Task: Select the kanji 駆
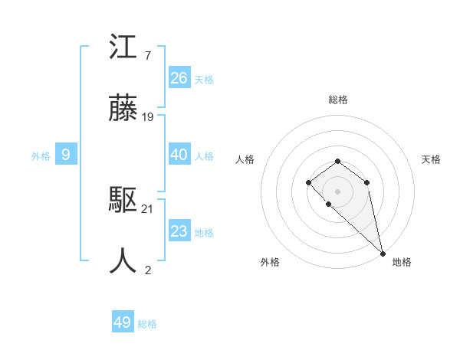(x=123, y=201)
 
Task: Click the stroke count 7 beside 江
(x=147, y=56)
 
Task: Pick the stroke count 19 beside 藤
(x=149, y=117)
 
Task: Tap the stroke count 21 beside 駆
(x=149, y=208)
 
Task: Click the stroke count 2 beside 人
(x=147, y=269)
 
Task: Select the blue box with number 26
(x=179, y=77)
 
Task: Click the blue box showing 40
(x=179, y=155)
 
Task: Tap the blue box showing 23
(x=179, y=231)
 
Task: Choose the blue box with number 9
(x=66, y=155)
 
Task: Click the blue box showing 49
(x=123, y=322)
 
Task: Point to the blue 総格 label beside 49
(x=147, y=324)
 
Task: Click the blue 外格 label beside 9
(x=41, y=156)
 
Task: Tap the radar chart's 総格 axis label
(x=337, y=100)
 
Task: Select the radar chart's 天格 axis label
(x=432, y=159)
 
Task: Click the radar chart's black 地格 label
(x=402, y=262)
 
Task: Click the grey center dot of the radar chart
(x=337, y=191)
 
